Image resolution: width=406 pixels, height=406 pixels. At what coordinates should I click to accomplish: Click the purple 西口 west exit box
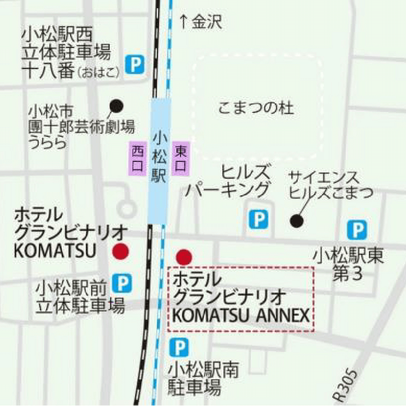(x=137, y=158)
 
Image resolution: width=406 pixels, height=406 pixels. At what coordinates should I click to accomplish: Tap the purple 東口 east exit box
(x=181, y=158)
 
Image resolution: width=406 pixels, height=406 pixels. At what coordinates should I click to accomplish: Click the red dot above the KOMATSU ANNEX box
(x=184, y=257)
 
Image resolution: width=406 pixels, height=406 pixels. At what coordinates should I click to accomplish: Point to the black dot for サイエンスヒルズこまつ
(x=297, y=220)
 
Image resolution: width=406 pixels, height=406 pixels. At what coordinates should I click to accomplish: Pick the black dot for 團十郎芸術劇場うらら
(x=116, y=105)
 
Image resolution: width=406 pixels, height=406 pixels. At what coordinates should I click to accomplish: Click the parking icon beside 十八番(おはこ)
(x=135, y=65)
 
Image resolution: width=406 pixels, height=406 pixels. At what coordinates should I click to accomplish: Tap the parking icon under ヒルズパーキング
(x=258, y=219)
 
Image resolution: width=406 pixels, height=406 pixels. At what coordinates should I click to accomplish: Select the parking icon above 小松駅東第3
(x=357, y=230)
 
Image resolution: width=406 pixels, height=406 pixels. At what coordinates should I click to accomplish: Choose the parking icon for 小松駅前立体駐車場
(x=122, y=283)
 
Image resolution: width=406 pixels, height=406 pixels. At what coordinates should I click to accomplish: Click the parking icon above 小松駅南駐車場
(x=179, y=347)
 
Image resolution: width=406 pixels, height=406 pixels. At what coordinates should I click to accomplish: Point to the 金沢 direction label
(x=207, y=22)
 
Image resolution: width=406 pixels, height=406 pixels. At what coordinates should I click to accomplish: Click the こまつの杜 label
(x=256, y=108)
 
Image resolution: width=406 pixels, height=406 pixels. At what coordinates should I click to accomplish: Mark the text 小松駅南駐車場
(x=203, y=378)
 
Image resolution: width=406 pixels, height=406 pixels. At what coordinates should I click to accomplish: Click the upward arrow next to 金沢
(x=184, y=22)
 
